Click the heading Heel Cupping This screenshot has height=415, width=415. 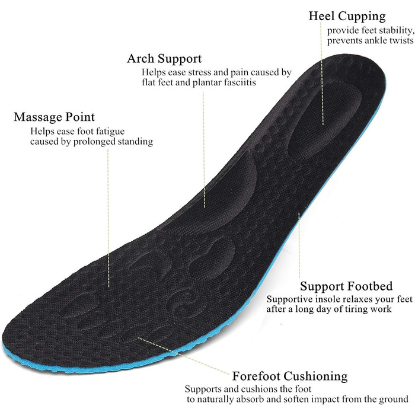pyautogui.click(x=347, y=17)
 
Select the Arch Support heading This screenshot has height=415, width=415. pyautogui.click(x=164, y=59)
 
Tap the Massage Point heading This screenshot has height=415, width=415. pyautogui.click(x=55, y=117)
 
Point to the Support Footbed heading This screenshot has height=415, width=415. pyautogui.click(x=346, y=286)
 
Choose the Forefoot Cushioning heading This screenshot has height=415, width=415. pyautogui.click(x=290, y=376)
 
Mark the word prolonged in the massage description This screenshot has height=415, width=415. pyautogui.click(x=94, y=142)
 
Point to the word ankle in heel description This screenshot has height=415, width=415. pyautogui.click(x=375, y=41)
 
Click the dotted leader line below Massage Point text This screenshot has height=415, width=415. pyautogui.click(x=108, y=218)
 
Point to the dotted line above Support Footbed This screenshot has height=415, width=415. pyautogui.click(x=299, y=245)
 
